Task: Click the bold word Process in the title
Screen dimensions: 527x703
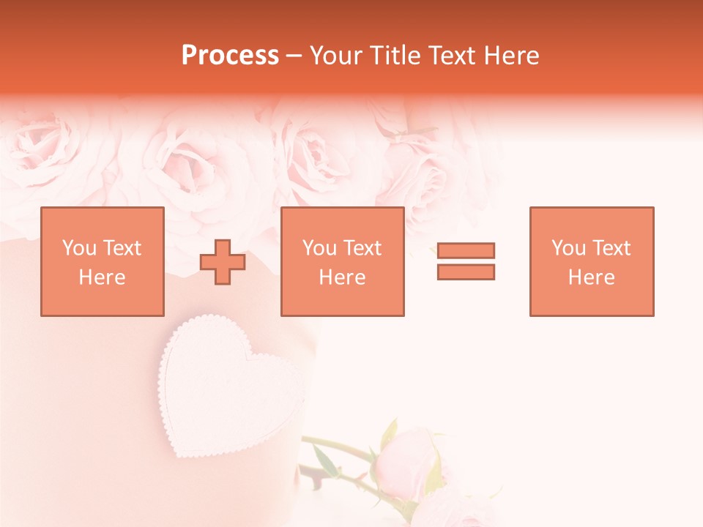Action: click(230, 56)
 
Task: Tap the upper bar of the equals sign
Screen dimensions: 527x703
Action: click(466, 251)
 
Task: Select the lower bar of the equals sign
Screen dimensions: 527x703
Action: click(466, 272)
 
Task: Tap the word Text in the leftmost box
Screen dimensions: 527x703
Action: click(123, 248)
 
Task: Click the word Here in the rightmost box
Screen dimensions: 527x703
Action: click(592, 277)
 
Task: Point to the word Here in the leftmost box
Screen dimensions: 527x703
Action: click(103, 277)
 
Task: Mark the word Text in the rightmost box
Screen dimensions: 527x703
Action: click(612, 248)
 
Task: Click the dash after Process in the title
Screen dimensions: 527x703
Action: click(294, 56)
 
